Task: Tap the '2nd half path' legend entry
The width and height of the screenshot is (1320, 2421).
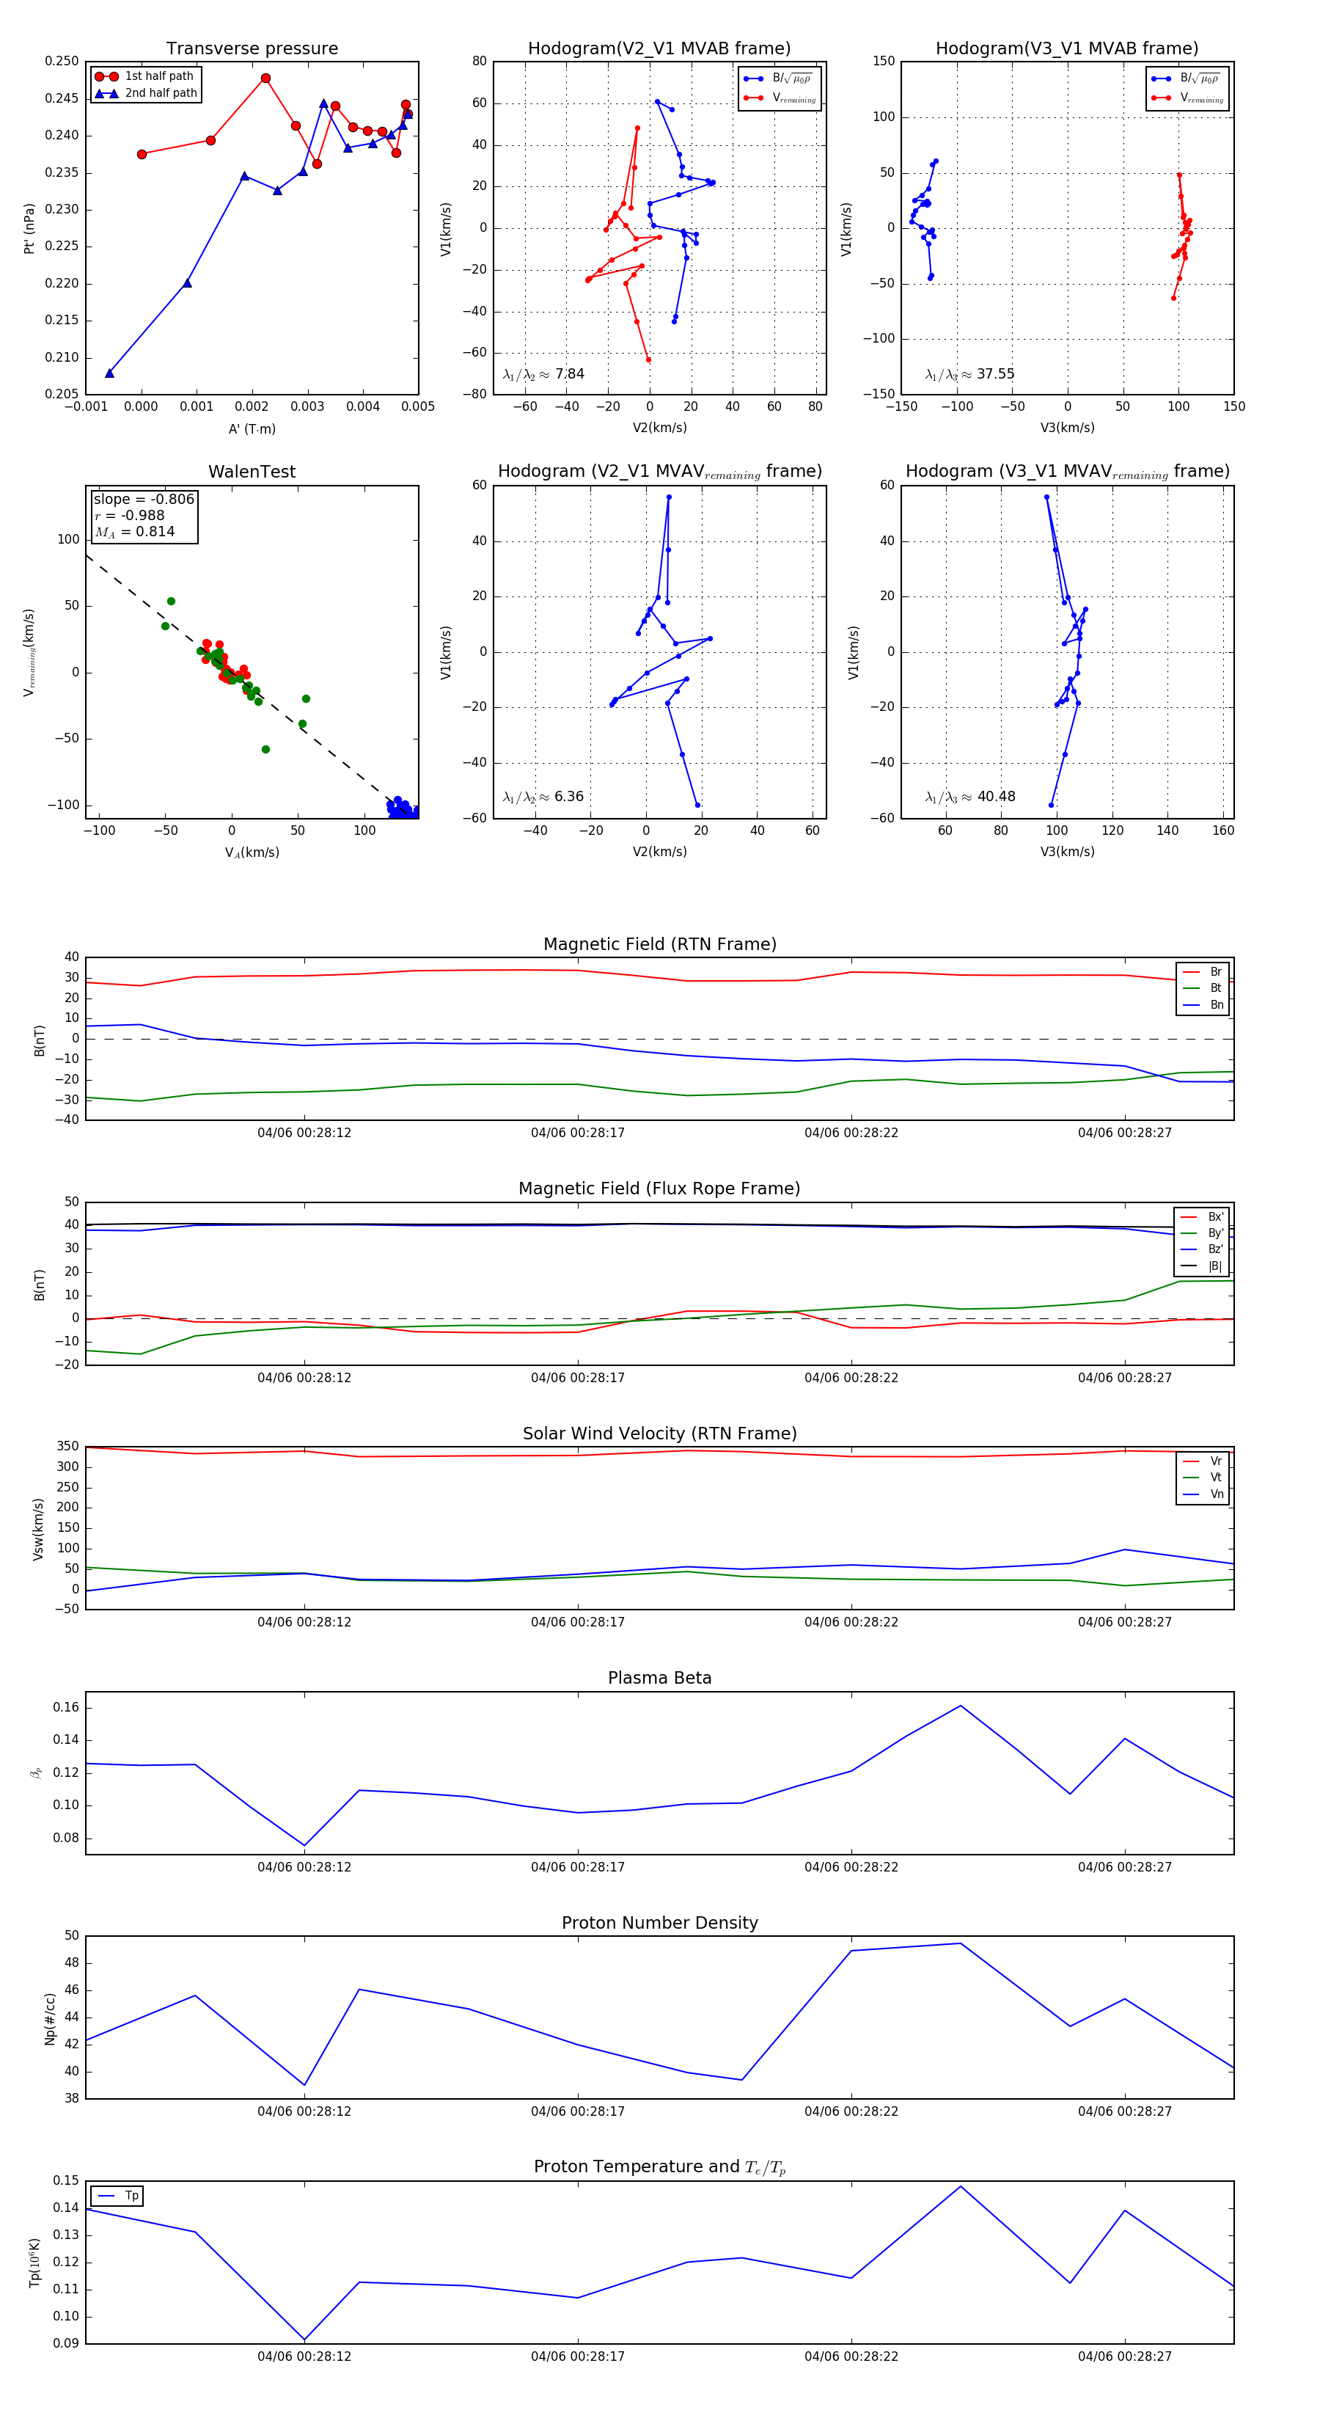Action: [x=161, y=93]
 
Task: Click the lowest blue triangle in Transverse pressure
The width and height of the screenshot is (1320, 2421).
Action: [x=110, y=373]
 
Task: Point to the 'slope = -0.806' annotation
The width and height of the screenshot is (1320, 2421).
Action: [x=144, y=499]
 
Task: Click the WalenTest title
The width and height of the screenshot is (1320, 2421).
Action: [x=252, y=472]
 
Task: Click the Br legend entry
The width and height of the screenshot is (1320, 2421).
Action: [x=1215, y=972]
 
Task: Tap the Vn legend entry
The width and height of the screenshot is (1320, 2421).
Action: [x=1217, y=1494]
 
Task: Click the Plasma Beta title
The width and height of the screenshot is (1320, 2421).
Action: [x=659, y=1679]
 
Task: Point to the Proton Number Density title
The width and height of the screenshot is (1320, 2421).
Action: [x=659, y=1923]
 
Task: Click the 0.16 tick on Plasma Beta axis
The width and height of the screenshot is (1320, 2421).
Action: [x=66, y=1708]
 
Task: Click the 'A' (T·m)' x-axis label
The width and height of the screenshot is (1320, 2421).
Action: [x=252, y=428]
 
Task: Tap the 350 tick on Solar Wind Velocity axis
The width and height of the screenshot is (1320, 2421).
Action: [x=67, y=1447]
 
